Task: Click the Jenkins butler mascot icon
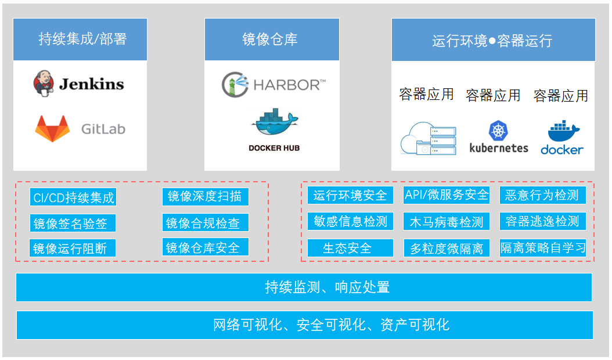[x=44, y=83]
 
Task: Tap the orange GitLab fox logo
[x=52, y=128]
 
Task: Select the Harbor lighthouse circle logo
[x=235, y=85]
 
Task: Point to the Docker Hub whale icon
[x=274, y=123]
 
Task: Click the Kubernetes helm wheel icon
[x=498, y=131]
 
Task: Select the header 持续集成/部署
[x=80, y=39]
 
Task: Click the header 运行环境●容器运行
[x=493, y=40]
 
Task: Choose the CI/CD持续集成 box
[x=73, y=197]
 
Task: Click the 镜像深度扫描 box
[x=205, y=196]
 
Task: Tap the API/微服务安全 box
[x=447, y=195]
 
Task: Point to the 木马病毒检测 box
[x=447, y=221]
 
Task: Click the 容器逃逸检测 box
[x=542, y=221]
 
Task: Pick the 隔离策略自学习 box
[x=542, y=248]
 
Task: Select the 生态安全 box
[x=350, y=248]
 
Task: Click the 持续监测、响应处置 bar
[x=304, y=287]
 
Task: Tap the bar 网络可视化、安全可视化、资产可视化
[x=304, y=325]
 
